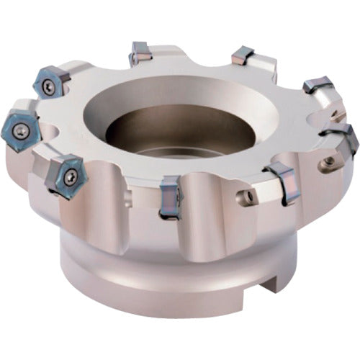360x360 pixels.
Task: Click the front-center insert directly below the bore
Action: click(x=170, y=196)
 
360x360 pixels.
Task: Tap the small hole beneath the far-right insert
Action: click(x=330, y=163)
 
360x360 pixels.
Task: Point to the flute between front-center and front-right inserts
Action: click(x=223, y=216)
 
